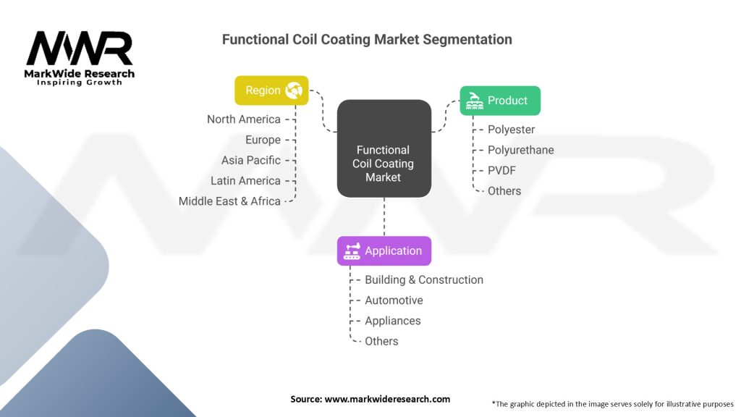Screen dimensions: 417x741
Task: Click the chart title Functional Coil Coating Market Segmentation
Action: pyautogui.click(x=367, y=39)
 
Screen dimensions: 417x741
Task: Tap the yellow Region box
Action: pyautogui.click(x=271, y=90)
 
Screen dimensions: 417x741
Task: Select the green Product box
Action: pyautogui.click(x=500, y=101)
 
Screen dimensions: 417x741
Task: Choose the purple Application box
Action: pyautogui.click(x=384, y=250)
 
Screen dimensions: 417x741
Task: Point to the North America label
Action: pyautogui.click(x=244, y=119)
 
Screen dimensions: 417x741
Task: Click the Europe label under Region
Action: pyautogui.click(x=263, y=140)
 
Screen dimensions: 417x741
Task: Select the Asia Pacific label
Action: pyautogui.click(x=251, y=160)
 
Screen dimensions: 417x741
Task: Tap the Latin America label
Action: pyautogui.click(x=245, y=180)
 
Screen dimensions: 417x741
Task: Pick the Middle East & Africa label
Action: pyautogui.click(x=229, y=201)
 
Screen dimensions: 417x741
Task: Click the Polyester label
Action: pyautogui.click(x=512, y=130)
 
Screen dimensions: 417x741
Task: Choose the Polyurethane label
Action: pyautogui.click(x=521, y=150)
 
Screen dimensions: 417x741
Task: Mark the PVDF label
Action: pyautogui.click(x=501, y=170)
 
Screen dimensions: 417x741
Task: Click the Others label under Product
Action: pyautogui.click(x=504, y=191)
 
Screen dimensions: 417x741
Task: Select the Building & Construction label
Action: pyautogui.click(x=424, y=279)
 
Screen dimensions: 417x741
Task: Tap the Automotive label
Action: pyautogui.click(x=394, y=300)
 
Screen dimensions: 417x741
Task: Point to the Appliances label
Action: pyautogui.click(x=392, y=321)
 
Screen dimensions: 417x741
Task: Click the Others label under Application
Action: pyautogui.click(x=381, y=341)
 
